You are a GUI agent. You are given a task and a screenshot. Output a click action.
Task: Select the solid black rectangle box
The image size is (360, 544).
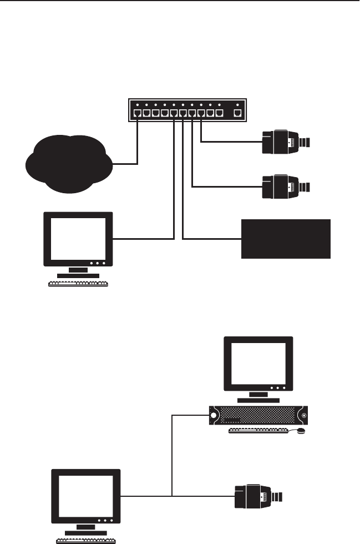point(286,238)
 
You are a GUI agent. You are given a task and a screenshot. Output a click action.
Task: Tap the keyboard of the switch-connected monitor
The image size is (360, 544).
point(78,283)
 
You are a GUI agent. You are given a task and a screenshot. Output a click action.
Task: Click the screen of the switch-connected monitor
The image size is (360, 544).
point(78,238)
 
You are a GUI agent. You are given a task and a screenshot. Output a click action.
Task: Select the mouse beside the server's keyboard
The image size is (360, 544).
point(301,430)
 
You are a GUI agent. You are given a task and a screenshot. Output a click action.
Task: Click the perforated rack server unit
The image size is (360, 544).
point(258,415)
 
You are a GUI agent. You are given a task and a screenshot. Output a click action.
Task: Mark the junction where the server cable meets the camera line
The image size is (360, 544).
point(173,495)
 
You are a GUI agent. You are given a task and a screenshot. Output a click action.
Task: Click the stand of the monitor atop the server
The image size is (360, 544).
point(258,397)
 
